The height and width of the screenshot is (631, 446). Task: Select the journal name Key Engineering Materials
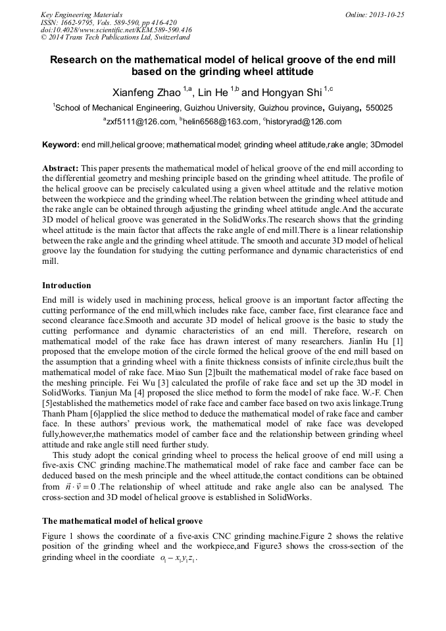[81, 14]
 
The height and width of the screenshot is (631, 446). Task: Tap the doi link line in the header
[116, 30]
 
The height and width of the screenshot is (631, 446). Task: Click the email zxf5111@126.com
[140, 122]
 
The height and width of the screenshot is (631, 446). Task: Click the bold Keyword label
[60, 144]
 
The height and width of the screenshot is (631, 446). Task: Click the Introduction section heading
[66, 286]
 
